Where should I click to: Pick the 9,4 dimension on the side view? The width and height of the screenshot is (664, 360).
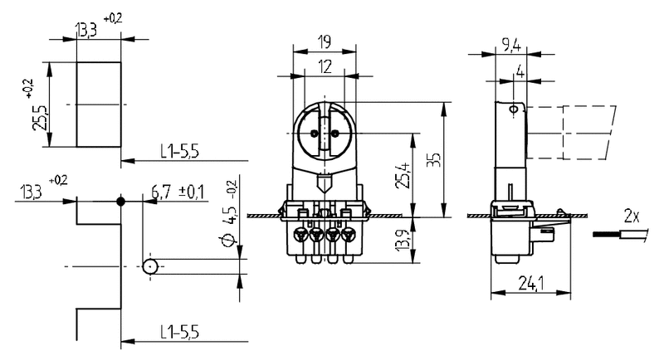coord(510,45)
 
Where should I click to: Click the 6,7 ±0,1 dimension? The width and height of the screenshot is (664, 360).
coord(177,193)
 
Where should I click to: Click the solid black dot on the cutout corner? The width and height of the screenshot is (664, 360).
coord(121,202)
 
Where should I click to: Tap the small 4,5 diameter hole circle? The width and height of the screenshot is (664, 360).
coord(150,267)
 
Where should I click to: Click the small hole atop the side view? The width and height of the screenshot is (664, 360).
coord(514,109)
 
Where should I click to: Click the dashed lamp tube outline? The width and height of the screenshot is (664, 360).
coord(573,135)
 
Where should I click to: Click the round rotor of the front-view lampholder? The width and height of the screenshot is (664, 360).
coord(325,133)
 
